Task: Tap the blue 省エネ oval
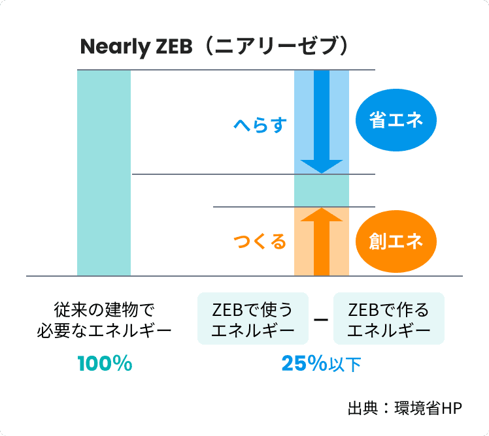[x=396, y=121]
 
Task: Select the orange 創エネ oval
[x=396, y=241]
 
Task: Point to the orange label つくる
[x=260, y=242]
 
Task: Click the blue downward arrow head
[x=321, y=166]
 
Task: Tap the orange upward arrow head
[x=321, y=215]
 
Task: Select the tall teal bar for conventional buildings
[x=103, y=172]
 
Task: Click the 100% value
[x=105, y=364]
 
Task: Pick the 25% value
[x=304, y=364]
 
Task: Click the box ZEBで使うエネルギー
[x=253, y=319]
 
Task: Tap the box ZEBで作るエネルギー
[x=389, y=319]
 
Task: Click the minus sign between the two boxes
[x=320, y=320]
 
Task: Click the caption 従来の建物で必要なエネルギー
[x=105, y=319]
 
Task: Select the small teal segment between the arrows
[x=321, y=191]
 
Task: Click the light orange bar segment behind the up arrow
[x=303, y=241]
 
